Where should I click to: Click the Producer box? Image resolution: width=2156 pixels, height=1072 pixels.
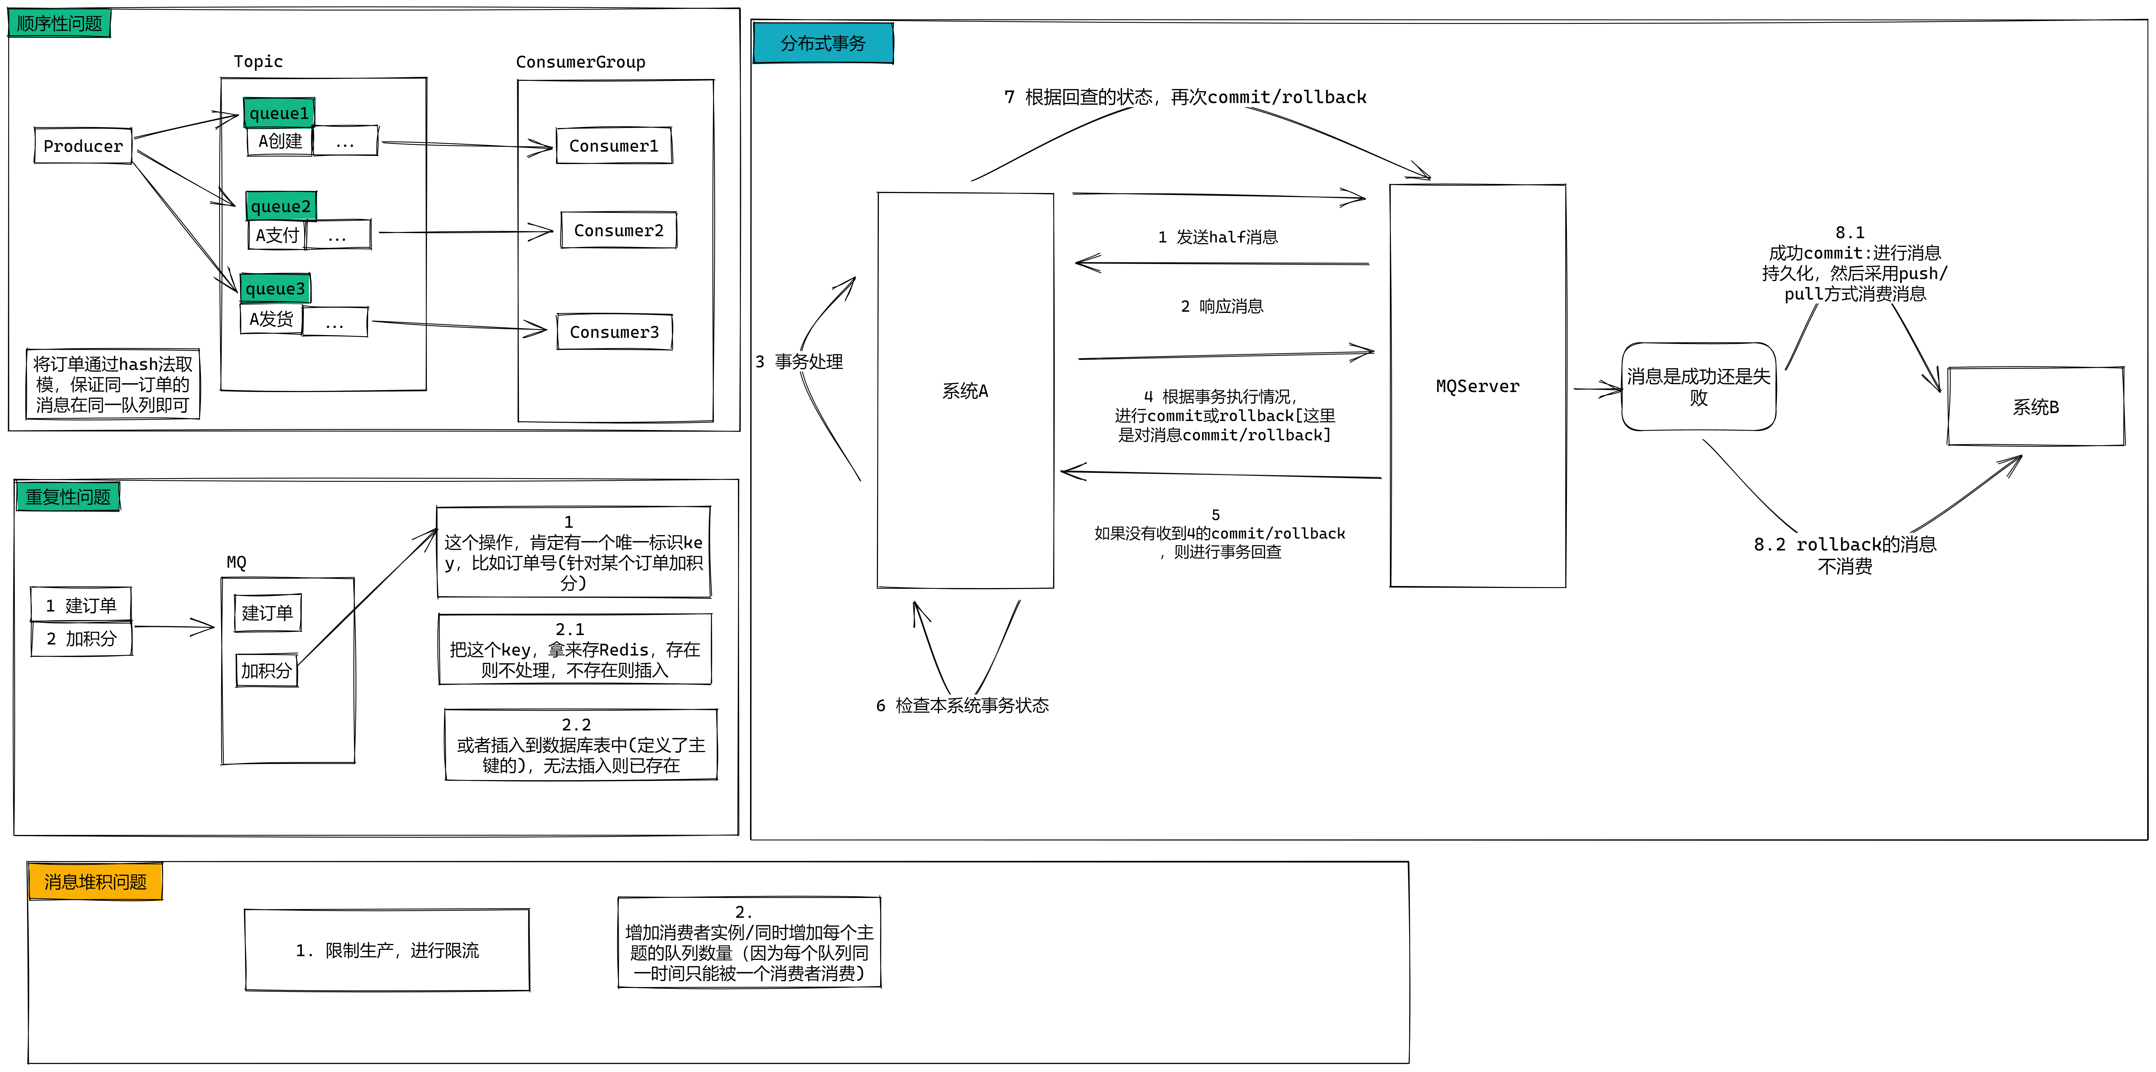pos(83,146)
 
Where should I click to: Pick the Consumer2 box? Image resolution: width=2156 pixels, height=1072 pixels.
pos(619,230)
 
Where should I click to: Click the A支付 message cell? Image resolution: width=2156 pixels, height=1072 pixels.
pos(277,235)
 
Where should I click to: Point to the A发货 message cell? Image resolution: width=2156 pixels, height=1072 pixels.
pos(271,319)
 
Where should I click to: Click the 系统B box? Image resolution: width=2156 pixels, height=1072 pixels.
pos(2035,407)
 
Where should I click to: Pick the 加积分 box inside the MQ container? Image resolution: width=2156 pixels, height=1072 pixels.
pos(266,670)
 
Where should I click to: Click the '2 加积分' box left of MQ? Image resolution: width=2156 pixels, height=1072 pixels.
pos(81,638)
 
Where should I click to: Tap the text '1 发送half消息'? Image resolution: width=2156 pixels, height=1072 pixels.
pos(1218,237)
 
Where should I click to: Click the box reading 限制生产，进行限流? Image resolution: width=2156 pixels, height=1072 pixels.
pos(387,950)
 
